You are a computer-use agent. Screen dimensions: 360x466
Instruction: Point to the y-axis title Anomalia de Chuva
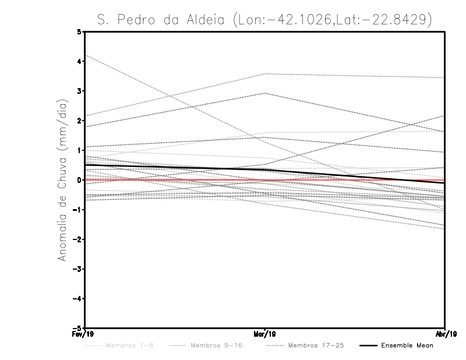[x=62, y=180]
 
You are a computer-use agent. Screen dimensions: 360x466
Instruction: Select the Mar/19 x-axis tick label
[x=265, y=334]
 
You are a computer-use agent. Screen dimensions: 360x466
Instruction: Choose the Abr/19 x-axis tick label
[x=446, y=334]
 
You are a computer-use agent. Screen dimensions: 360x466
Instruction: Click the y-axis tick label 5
[x=79, y=31]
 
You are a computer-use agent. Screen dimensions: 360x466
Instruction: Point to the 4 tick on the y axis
[x=79, y=61]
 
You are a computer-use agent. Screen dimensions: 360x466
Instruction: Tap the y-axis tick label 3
[x=79, y=91]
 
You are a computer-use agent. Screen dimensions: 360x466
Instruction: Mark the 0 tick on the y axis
[x=79, y=180]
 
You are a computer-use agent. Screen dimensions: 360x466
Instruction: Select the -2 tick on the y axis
[x=77, y=239]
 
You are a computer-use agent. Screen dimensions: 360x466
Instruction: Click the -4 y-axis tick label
[x=77, y=299]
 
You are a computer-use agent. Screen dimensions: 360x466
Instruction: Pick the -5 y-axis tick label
[x=77, y=328]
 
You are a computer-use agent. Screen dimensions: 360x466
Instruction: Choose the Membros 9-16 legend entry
[x=216, y=345]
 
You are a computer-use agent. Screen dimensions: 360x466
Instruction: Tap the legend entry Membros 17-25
[x=316, y=345]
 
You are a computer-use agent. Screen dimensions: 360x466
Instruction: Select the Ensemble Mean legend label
[x=407, y=345]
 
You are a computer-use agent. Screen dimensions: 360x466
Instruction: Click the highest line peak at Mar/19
[x=265, y=74]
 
